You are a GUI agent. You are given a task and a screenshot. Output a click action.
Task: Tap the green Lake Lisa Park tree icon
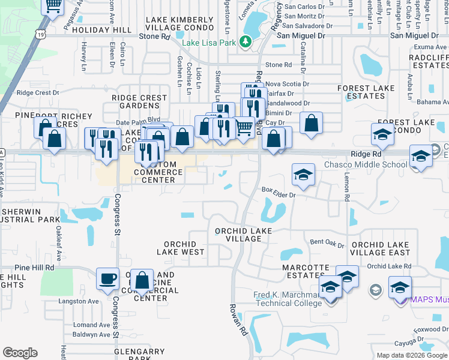pyautogui.click(x=245, y=41)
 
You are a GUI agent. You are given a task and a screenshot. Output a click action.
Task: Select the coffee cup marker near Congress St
pyautogui.click(x=108, y=278)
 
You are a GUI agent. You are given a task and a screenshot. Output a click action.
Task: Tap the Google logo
pyautogui.click(x=20, y=353)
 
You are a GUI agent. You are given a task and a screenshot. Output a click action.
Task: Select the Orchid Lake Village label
pyautogui.click(x=244, y=235)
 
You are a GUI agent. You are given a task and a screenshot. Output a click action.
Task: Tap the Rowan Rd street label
pyautogui.click(x=238, y=319)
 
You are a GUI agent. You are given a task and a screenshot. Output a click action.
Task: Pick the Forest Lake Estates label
pyautogui.click(x=366, y=92)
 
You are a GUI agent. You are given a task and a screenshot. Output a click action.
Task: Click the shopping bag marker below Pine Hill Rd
pyautogui.click(x=142, y=280)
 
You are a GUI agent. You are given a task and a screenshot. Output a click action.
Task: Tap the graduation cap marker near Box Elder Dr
pyautogui.click(x=303, y=175)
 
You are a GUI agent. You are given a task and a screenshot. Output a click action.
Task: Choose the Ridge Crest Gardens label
pyautogui.click(x=139, y=101)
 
